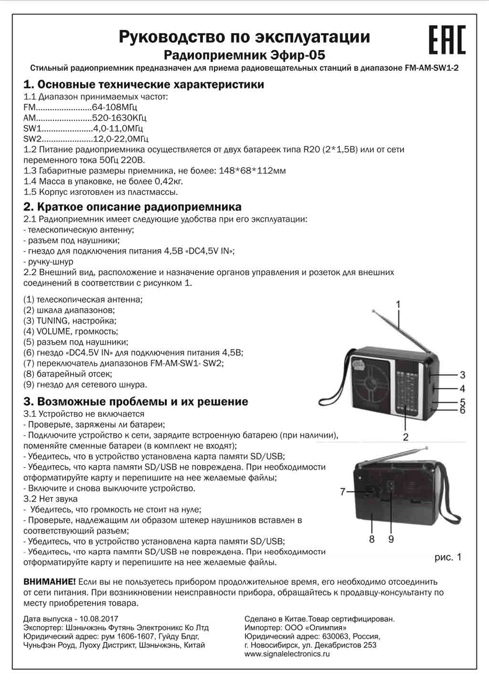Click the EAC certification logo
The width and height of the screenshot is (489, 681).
coord(446,40)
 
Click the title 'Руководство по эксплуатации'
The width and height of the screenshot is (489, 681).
coord(244,37)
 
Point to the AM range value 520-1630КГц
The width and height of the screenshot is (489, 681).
coord(119,118)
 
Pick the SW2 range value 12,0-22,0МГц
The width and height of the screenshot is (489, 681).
coord(121,139)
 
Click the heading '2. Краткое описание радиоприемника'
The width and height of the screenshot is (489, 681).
coord(132,207)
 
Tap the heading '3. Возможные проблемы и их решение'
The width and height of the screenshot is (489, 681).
coord(136,401)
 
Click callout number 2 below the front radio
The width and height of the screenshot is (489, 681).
coord(405,436)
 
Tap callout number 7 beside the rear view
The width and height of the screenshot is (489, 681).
coord(342,491)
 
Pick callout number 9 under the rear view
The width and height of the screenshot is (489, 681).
coord(391,539)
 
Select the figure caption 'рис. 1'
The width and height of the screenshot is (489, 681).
coord(448,557)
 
